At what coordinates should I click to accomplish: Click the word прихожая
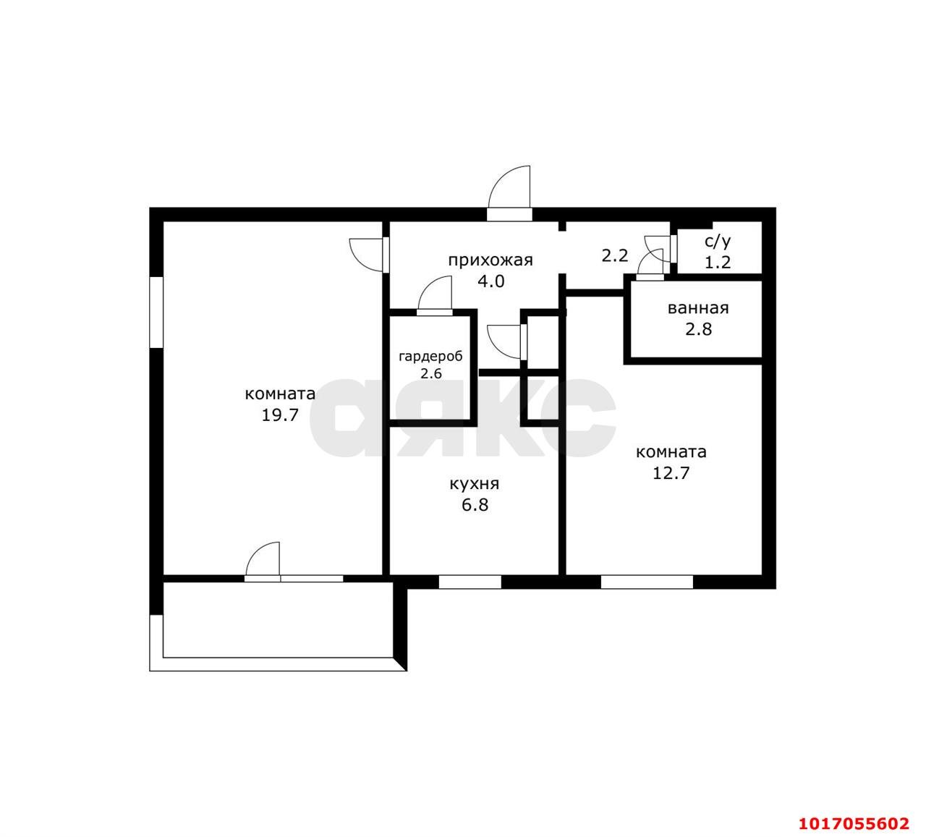pos(490,260)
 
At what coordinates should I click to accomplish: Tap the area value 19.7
pos(280,415)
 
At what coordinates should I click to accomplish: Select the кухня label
pos(474,484)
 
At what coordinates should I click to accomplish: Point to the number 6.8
pos(475,505)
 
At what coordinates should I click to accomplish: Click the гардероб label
pos(430,357)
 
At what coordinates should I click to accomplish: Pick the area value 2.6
pos(430,373)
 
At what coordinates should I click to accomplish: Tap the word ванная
pos(698,308)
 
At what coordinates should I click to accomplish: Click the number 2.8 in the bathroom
pos(698,329)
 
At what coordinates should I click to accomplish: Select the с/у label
pos(718,242)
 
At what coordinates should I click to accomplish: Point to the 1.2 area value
pos(718,262)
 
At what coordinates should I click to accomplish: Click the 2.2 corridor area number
pos(615,255)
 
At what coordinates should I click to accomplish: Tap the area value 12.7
pos(671,473)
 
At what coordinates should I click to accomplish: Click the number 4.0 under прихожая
pos(490,281)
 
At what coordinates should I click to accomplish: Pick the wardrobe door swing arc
pos(427,285)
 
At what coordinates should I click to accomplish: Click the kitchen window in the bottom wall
pos(470,582)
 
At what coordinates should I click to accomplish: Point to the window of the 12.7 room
pos(647,582)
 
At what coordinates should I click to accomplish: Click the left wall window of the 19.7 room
pos(156,312)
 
